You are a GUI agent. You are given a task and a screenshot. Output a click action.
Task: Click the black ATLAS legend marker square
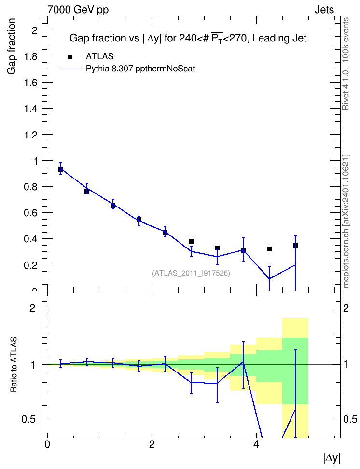coord(70,57)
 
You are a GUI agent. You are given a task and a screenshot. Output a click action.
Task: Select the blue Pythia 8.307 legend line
coord(70,69)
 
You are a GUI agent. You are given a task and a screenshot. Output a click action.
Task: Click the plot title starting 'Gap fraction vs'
coord(188,38)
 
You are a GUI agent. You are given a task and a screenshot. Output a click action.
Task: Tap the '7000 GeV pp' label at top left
coord(78,10)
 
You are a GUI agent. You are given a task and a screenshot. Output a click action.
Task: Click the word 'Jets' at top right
coord(324,10)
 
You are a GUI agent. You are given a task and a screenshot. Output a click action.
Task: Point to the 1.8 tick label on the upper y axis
coord(31,56)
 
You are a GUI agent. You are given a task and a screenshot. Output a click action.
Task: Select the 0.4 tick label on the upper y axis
coord(31,239)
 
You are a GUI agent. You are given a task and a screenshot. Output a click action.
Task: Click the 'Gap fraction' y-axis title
coord(12,46)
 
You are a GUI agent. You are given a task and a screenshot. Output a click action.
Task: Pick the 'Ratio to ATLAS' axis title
coord(14,365)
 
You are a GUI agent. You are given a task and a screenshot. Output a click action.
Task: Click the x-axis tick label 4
coord(256,444)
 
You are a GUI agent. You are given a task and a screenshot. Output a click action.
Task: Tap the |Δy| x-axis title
coord(332,458)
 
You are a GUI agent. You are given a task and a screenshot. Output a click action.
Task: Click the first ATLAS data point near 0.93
coord(60,169)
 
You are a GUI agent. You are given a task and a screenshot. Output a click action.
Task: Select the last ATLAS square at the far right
coord(295,245)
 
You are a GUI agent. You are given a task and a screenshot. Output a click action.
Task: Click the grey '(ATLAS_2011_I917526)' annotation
coord(191,273)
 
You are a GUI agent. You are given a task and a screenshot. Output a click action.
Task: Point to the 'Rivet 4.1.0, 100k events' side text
coord(346,64)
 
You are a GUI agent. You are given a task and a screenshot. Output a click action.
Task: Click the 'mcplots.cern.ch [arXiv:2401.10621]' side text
coord(346,221)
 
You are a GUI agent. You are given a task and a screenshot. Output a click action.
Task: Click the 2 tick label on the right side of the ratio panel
coord(346,308)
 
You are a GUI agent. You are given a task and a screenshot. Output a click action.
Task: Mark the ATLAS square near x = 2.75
coord(191,241)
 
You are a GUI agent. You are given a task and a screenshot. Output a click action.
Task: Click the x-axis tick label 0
coord(47,444)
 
